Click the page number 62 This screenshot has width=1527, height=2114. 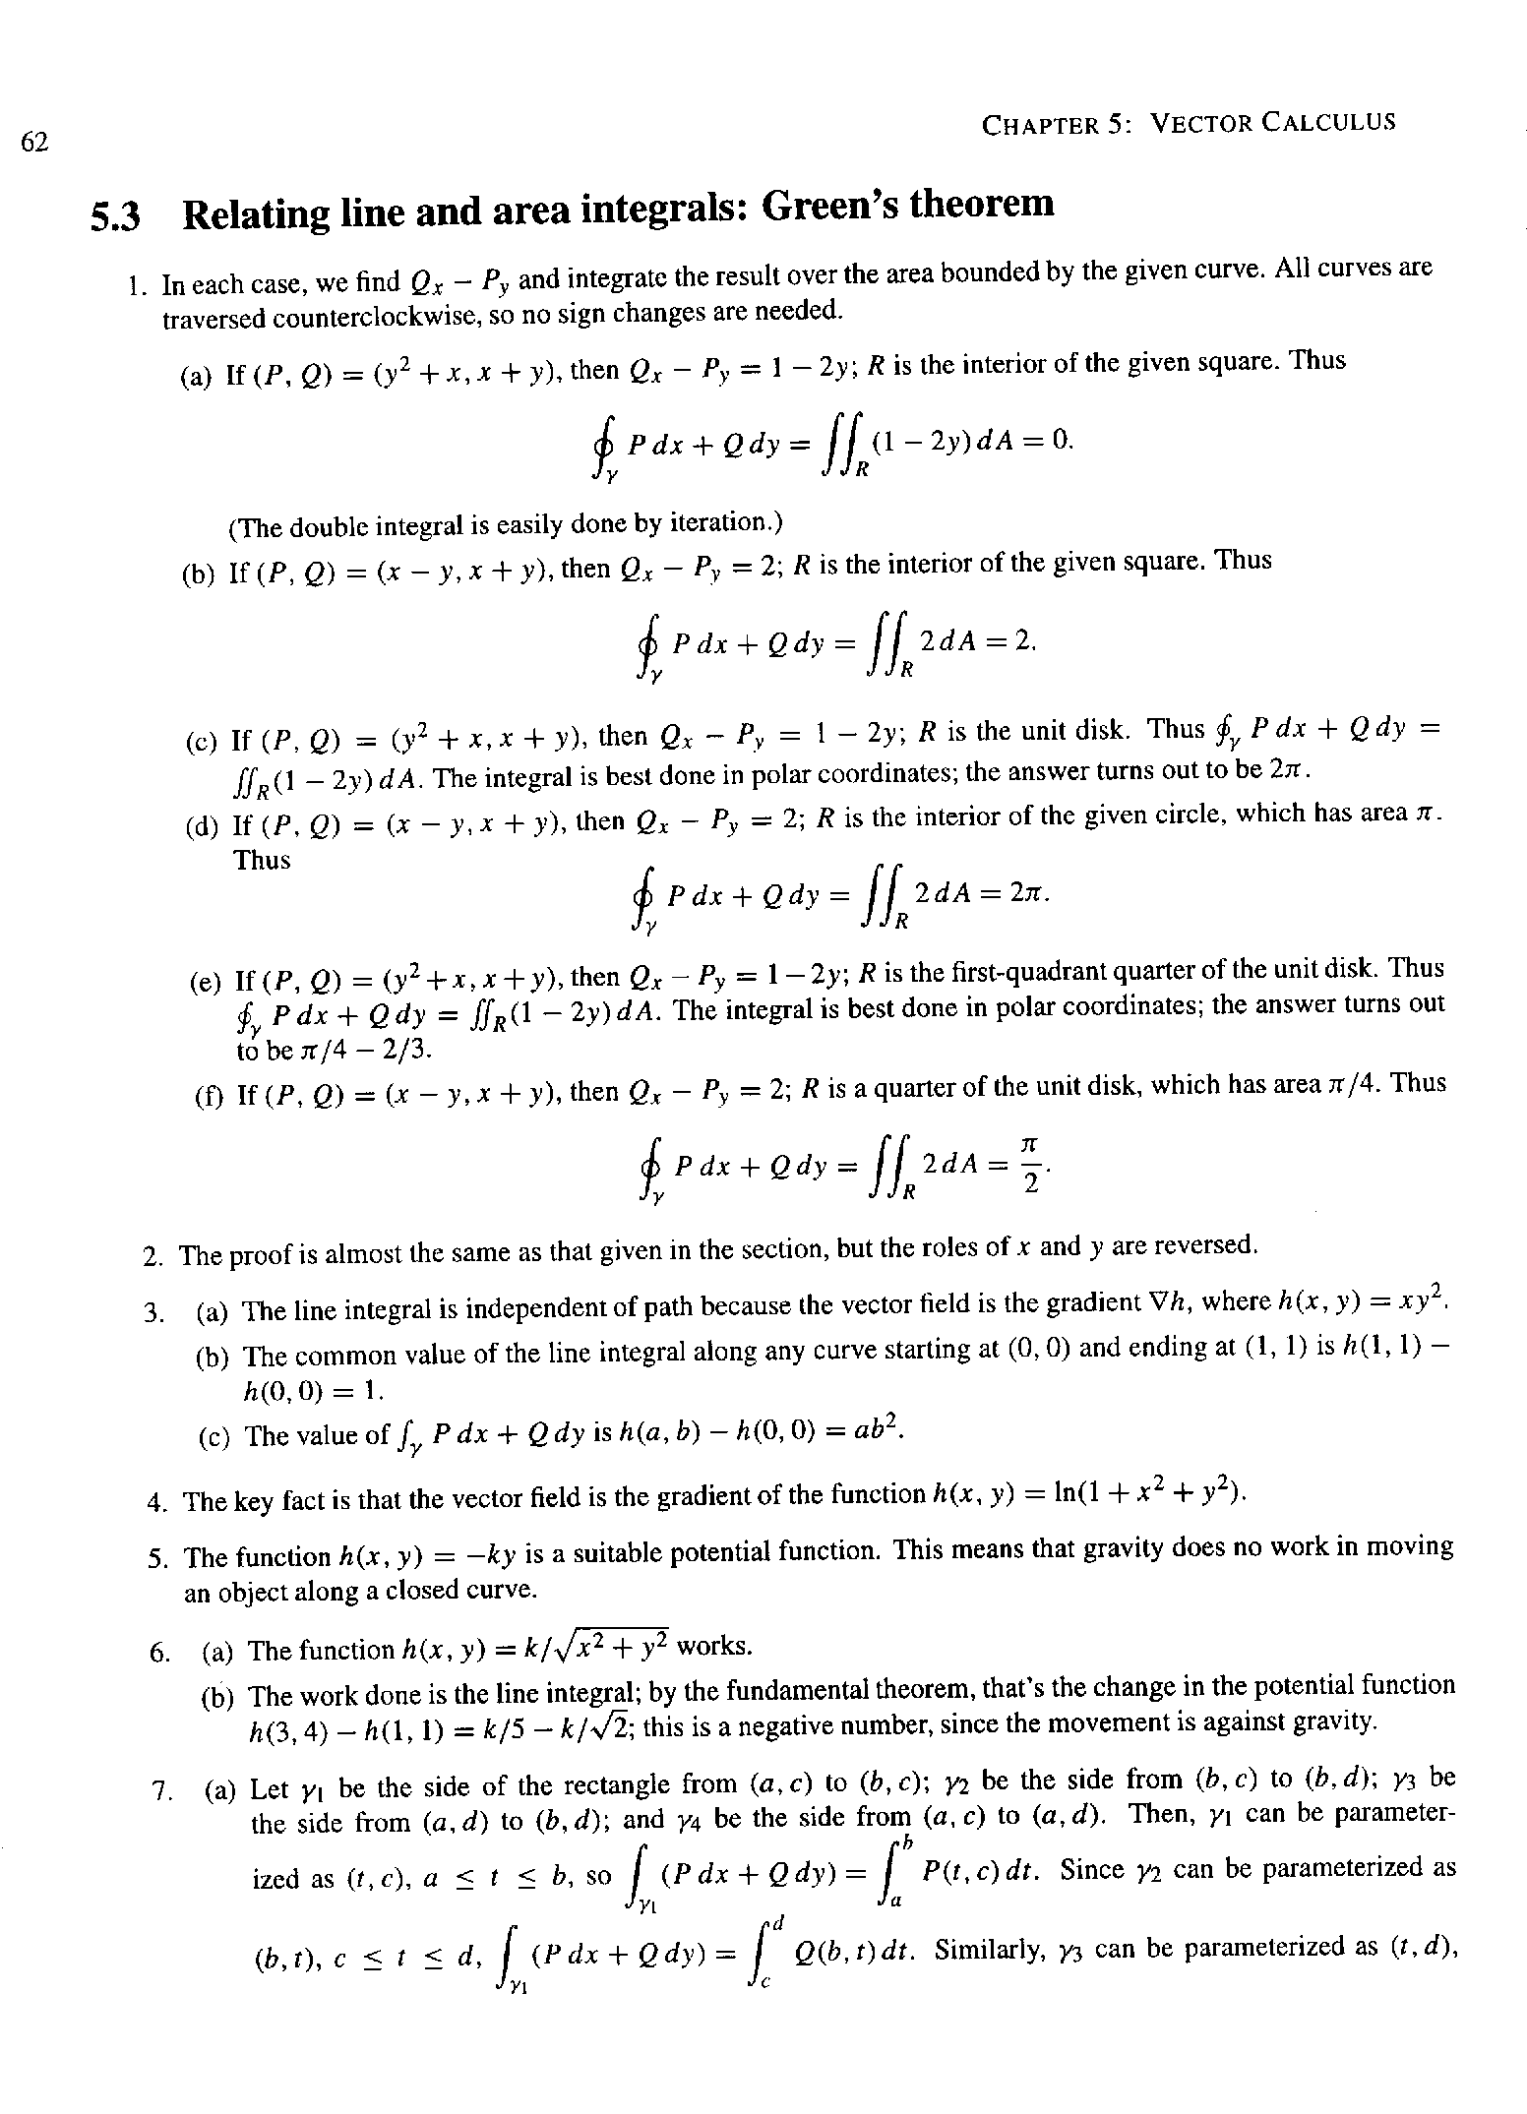[34, 143]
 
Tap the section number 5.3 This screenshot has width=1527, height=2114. [116, 216]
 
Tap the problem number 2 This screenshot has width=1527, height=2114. [153, 1257]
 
